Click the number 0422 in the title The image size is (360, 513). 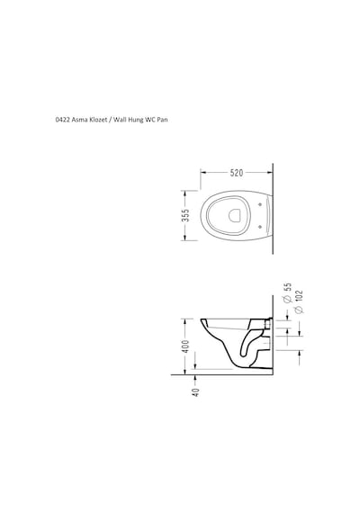pyautogui.click(x=62, y=120)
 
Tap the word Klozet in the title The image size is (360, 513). pyautogui.click(x=98, y=120)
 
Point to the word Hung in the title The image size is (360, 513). pyautogui.click(x=137, y=121)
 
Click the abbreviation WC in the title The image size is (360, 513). pyautogui.click(x=150, y=120)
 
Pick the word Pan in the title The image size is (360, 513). pyautogui.click(x=162, y=120)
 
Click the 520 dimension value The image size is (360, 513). pyautogui.click(x=237, y=173)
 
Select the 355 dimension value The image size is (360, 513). pyautogui.click(x=185, y=215)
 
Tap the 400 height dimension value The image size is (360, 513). pyautogui.click(x=185, y=346)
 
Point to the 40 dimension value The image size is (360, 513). pyautogui.click(x=195, y=392)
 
